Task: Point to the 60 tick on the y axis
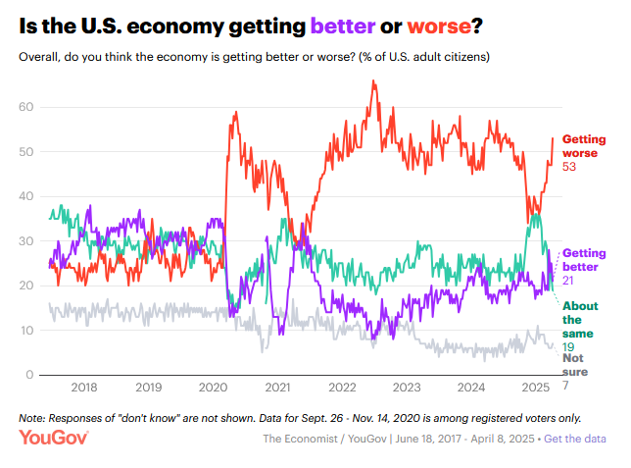27,107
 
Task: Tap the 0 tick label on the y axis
31,376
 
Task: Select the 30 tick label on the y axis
27,241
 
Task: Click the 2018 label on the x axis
84,388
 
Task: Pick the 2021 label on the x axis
277,388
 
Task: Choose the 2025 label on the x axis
535,388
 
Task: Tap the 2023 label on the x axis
407,388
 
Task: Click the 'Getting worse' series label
584,146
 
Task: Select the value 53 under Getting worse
570,167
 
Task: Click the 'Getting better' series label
584,260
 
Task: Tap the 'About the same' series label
579,319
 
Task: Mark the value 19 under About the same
568,346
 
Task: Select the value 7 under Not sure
565,387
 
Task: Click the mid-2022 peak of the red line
373,82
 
